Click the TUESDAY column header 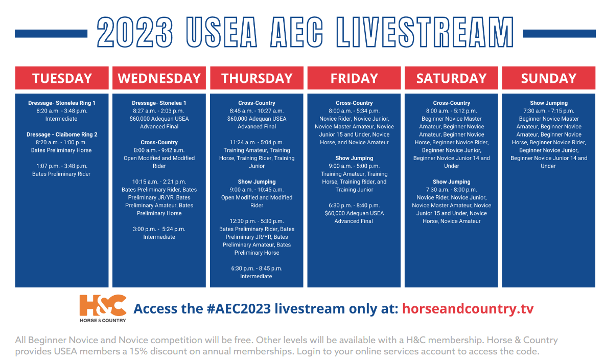click(62, 78)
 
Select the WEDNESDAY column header click(159, 78)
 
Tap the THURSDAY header click(257, 78)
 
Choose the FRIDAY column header click(354, 78)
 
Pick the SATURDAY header click(451, 78)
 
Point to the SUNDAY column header click(548, 78)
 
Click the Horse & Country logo click(103, 308)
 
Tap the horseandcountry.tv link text click(468, 309)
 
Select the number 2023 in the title click(135, 32)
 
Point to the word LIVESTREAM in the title click(425, 32)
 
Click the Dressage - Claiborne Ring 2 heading click(62, 134)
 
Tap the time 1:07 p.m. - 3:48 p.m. click(62, 166)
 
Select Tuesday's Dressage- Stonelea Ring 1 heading click(62, 103)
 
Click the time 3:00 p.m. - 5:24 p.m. click(159, 229)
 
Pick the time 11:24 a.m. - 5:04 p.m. click(257, 143)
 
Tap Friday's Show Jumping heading click(354, 158)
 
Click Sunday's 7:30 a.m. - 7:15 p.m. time click(549, 111)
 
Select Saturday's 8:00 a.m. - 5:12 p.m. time click(451, 111)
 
